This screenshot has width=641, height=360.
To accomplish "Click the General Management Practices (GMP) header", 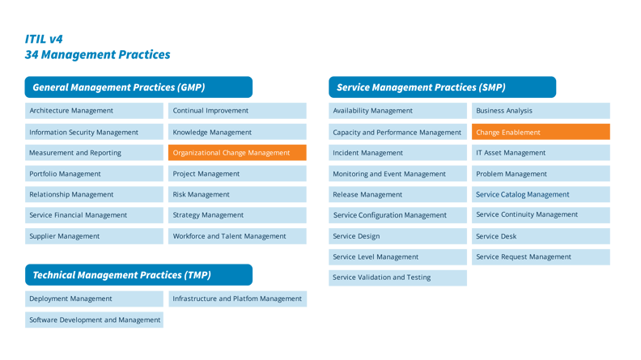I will point(138,87).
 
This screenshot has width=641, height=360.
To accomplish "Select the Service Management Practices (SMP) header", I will point(442,87).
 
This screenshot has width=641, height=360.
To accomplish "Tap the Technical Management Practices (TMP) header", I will point(138,275).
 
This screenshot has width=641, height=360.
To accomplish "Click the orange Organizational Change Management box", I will point(237,153).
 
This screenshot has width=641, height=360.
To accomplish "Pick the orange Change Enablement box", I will point(541,132).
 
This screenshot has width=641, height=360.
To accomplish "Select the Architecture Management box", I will point(94,111).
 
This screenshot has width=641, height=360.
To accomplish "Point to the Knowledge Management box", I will point(237,132).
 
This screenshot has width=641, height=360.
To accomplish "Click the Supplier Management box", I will point(94,236).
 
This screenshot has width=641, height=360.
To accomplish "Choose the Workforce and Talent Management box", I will point(237,236).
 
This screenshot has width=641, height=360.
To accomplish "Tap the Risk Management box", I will point(237,194).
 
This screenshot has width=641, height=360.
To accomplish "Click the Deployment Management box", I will point(94,299).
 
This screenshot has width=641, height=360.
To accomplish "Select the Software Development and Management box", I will point(94,320).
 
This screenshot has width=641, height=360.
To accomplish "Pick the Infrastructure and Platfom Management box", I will point(237,299).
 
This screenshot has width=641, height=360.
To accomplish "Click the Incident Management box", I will point(398,153).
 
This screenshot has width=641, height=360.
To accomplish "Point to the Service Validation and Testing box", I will point(398,277).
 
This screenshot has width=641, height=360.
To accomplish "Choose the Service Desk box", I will point(541,236).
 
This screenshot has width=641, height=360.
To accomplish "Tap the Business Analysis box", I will point(541,111).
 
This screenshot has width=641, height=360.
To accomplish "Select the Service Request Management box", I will point(541,256).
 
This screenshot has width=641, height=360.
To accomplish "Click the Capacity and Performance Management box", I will point(398,132).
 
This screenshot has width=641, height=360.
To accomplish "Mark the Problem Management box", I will point(541,174).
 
